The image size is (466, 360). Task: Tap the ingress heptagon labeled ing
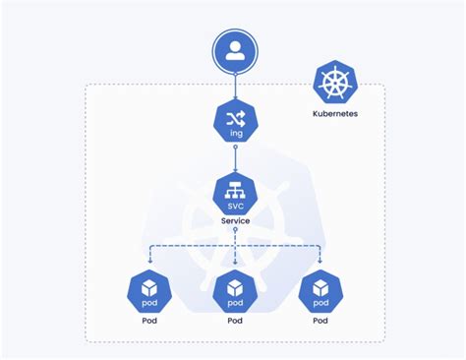[235, 121]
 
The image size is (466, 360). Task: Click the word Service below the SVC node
[235, 221]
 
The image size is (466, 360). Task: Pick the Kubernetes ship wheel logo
[335, 82]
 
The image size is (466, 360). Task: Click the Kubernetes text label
[335, 114]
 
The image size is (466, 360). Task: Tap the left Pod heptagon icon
[149, 290]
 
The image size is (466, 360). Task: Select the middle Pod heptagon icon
[235, 290]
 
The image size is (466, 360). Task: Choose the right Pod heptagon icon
[320, 290]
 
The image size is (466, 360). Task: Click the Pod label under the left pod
[149, 321]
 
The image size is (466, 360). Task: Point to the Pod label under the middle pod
[235, 321]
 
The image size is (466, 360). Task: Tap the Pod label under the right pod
[320, 321]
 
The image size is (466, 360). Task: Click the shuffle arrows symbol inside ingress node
[235, 116]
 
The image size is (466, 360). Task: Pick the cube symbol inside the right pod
[320, 289]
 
